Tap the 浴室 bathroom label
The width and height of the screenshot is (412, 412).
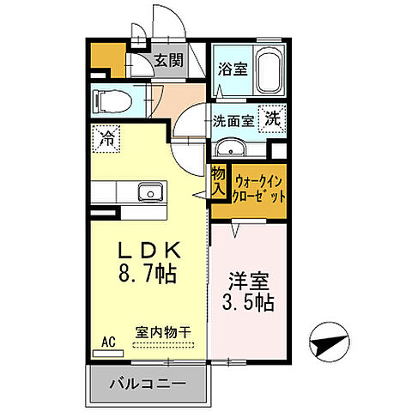click(x=232, y=69)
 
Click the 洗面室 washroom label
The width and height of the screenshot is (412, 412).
click(x=233, y=121)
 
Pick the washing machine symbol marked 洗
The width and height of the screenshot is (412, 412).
click(x=272, y=119)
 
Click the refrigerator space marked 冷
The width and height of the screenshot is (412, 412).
click(x=108, y=137)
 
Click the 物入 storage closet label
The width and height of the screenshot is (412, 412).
click(x=218, y=179)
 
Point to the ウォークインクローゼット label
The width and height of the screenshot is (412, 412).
click(x=254, y=188)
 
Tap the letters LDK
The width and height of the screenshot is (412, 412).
click(x=148, y=251)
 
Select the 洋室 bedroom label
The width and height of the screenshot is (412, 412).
click(x=248, y=280)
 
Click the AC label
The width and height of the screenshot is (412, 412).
click(x=108, y=340)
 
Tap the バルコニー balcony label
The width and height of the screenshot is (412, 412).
click(x=148, y=384)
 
